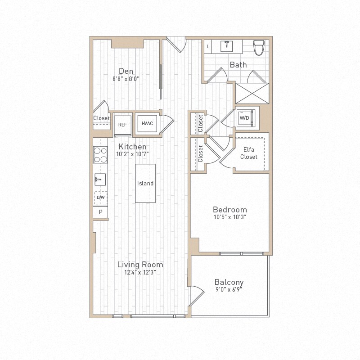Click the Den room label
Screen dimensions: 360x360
[x=126, y=71]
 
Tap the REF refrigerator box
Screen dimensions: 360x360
[x=122, y=124]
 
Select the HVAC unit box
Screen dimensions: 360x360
[x=147, y=123]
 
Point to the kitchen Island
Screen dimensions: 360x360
[x=145, y=183]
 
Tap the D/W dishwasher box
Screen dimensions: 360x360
[x=100, y=197]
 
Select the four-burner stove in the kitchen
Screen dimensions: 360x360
[x=100, y=155]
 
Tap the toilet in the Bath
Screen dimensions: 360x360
[x=259, y=47]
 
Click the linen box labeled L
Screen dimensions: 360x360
[x=208, y=46]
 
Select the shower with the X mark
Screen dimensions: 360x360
[x=251, y=93]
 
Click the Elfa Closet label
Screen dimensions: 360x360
[x=249, y=153]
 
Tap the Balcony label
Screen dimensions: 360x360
[x=229, y=282]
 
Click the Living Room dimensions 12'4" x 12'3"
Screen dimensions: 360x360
[x=140, y=272]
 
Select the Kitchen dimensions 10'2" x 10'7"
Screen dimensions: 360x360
[x=132, y=154]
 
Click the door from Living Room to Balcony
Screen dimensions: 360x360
[x=194, y=295]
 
